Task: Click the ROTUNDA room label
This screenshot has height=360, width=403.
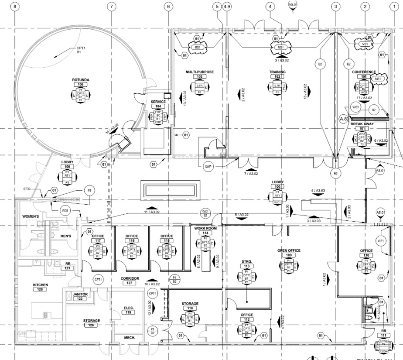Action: [81, 80]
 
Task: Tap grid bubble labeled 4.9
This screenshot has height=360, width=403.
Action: [226, 7]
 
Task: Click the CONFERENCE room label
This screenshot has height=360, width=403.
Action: [364, 72]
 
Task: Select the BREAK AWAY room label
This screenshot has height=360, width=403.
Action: [362, 123]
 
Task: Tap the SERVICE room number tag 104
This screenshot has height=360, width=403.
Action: [158, 106]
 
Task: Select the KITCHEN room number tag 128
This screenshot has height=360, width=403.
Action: [41, 290]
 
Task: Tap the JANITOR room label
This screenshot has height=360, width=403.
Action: [80, 294]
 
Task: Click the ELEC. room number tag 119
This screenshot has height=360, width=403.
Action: [128, 312]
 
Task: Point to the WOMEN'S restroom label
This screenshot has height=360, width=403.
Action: [31, 216]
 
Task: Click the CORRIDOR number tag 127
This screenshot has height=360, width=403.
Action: [130, 283]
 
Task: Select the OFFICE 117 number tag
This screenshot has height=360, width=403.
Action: [98, 241]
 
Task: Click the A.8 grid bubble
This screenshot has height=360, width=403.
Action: [343, 118]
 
